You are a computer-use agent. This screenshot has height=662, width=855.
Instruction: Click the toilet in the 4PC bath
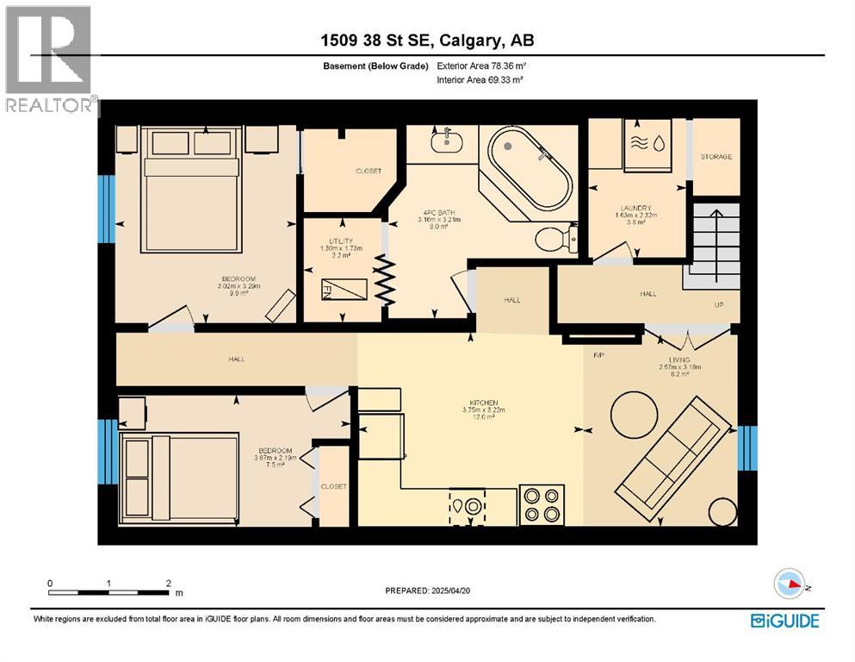click(x=553, y=239)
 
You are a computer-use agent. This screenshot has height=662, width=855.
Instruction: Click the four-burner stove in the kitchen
click(x=542, y=504)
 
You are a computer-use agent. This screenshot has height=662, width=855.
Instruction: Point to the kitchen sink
click(x=467, y=506)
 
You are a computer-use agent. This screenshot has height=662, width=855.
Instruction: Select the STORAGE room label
click(x=716, y=157)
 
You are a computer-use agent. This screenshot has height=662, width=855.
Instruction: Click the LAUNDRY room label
click(x=636, y=208)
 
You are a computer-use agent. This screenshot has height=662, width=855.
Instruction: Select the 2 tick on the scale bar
click(x=167, y=584)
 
